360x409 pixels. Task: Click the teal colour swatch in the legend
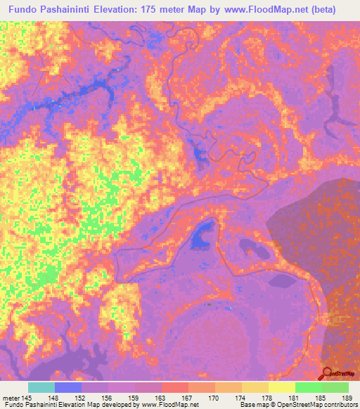click(41, 387)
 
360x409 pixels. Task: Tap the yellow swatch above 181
click(281, 387)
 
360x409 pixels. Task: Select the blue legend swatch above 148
click(68, 387)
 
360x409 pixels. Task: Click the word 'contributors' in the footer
click(339, 405)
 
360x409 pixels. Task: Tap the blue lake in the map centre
click(202, 234)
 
